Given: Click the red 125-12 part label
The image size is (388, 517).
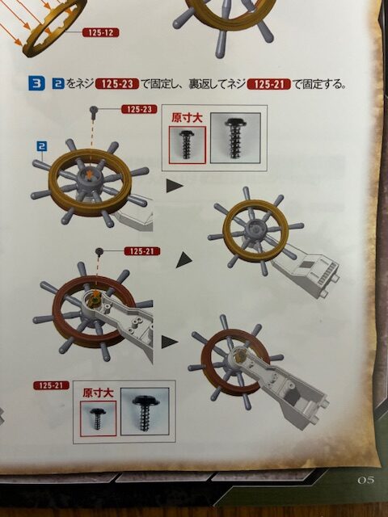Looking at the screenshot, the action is pyautogui.click(x=100, y=32).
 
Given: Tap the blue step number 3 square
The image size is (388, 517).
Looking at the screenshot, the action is pyautogui.click(x=36, y=83).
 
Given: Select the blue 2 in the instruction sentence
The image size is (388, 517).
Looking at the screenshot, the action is pyautogui.click(x=58, y=84).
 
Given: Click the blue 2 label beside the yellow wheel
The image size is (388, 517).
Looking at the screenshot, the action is pyautogui.click(x=41, y=145).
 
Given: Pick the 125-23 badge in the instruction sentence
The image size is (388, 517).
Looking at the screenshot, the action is pyautogui.click(x=117, y=84).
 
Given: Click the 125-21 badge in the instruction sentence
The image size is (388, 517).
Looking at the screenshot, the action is pyautogui.click(x=269, y=84).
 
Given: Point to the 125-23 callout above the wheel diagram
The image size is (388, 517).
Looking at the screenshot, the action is pyautogui.click(x=139, y=109).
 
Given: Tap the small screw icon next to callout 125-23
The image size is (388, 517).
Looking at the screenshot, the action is pyautogui.click(x=94, y=111).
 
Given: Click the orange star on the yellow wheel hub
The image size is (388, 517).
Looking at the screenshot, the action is pyautogui.click(x=89, y=173).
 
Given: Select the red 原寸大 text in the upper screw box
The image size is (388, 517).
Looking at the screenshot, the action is pyautogui.click(x=187, y=118).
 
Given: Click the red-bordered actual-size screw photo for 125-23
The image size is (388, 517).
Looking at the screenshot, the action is pyautogui.click(x=187, y=145).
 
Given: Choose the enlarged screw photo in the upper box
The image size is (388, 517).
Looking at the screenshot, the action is pyautogui.click(x=235, y=138).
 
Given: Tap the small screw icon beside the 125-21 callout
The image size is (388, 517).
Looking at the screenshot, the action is pyautogui.click(x=99, y=251).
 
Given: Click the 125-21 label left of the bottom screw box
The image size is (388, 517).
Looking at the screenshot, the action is pyautogui.click(x=51, y=385).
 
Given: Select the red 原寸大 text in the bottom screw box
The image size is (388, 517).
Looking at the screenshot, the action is pyautogui.click(x=98, y=393).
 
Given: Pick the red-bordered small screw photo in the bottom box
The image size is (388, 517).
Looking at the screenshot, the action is pyautogui.click(x=98, y=418).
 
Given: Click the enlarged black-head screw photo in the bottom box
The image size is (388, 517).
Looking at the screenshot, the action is pyautogui.click(x=145, y=411).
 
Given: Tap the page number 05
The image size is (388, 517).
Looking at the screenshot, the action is pyautogui.click(x=365, y=480).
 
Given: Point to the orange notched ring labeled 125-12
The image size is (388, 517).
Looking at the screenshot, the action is pyautogui.click(x=56, y=28).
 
